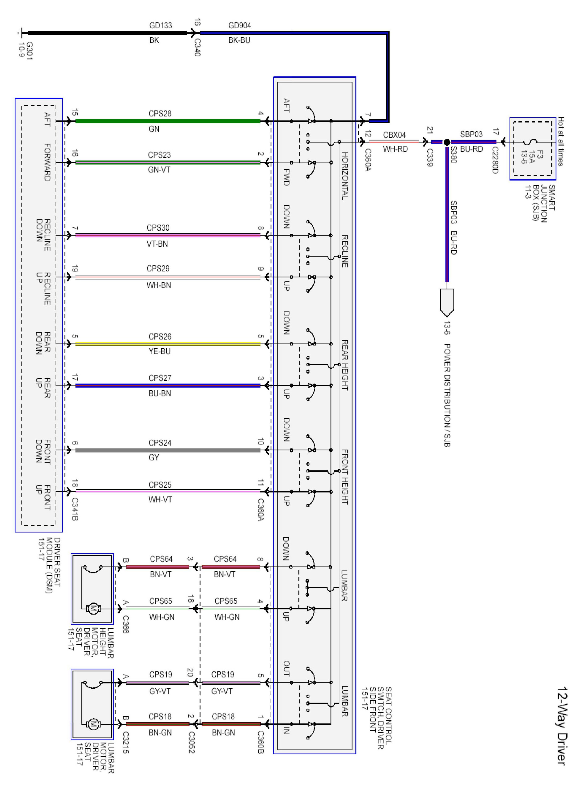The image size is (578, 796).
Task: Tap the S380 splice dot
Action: (447, 142)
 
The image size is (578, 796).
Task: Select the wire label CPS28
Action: (160, 113)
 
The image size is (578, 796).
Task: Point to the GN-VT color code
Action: (159, 170)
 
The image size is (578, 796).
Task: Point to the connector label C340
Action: (197, 48)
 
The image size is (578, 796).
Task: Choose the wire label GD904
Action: (239, 25)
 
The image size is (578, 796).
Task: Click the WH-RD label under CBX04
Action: (395, 149)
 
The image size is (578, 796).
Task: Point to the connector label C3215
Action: (126, 742)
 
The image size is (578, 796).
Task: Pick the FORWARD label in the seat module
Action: (47, 162)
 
